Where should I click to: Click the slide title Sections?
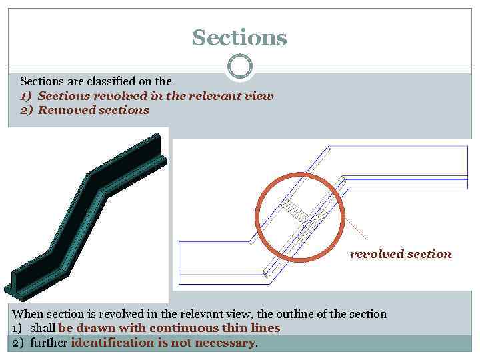(239, 37)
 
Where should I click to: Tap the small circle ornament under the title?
(240, 67)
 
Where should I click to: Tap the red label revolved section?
(400, 254)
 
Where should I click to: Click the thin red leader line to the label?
(359, 230)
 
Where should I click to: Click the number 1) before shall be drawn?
(18, 328)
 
